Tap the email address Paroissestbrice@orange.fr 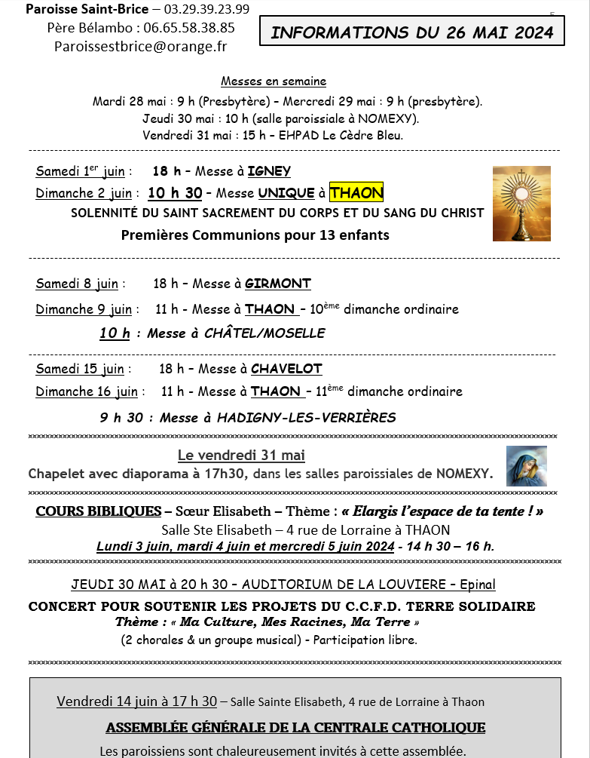click(x=140, y=46)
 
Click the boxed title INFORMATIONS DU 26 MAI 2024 click(x=412, y=32)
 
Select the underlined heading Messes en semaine click(x=274, y=81)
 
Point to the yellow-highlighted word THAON click(x=356, y=193)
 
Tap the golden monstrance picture click(x=521, y=204)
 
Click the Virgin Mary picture click(x=526, y=466)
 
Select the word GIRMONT click(x=277, y=284)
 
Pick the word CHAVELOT click(x=286, y=369)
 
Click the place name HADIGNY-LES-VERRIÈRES click(x=306, y=418)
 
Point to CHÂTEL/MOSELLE click(x=264, y=333)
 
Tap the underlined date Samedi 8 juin click(x=77, y=284)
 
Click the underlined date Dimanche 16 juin click(x=87, y=391)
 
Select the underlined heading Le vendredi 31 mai click(x=241, y=456)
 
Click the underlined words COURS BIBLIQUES click(x=99, y=511)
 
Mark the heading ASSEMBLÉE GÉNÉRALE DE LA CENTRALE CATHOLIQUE click(x=295, y=728)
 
